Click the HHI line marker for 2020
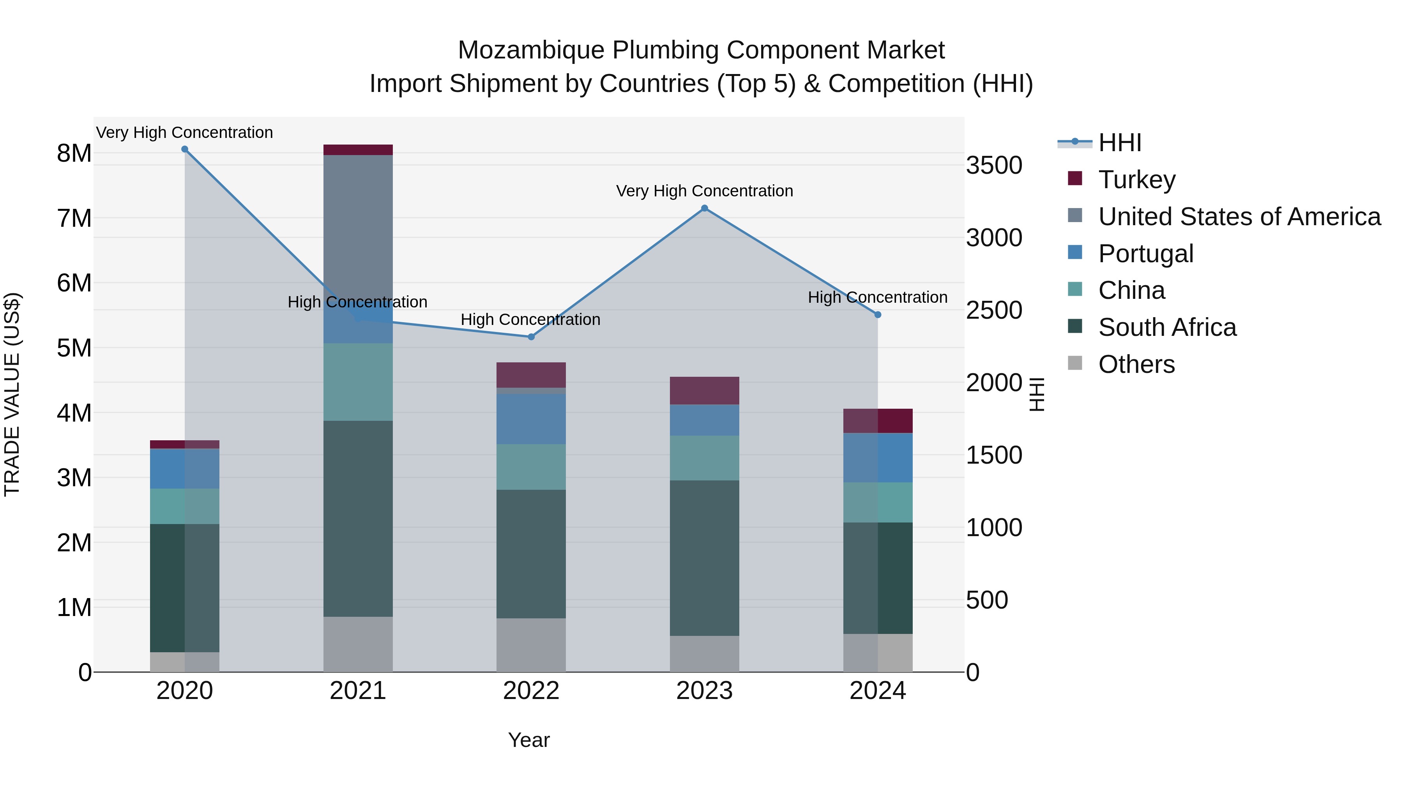[x=185, y=149]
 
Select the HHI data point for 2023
[x=704, y=208]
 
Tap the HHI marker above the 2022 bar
[x=531, y=337]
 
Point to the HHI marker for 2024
[x=877, y=315]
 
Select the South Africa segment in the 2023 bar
[x=704, y=558]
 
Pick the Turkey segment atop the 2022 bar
[x=531, y=374]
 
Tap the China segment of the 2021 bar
[x=358, y=381]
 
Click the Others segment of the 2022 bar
[x=531, y=645]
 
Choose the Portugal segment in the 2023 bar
[x=704, y=420]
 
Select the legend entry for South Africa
[x=1166, y=327]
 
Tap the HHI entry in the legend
[x=1119, y=143]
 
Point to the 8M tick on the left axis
[x=74, y=154]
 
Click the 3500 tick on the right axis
[x=994, y=166]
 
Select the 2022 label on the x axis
[x=531, y=691]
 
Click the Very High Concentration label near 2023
[x=704, y=191]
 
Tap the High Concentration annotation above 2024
[x=877, y=297]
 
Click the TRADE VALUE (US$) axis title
[x=12, y=394]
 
